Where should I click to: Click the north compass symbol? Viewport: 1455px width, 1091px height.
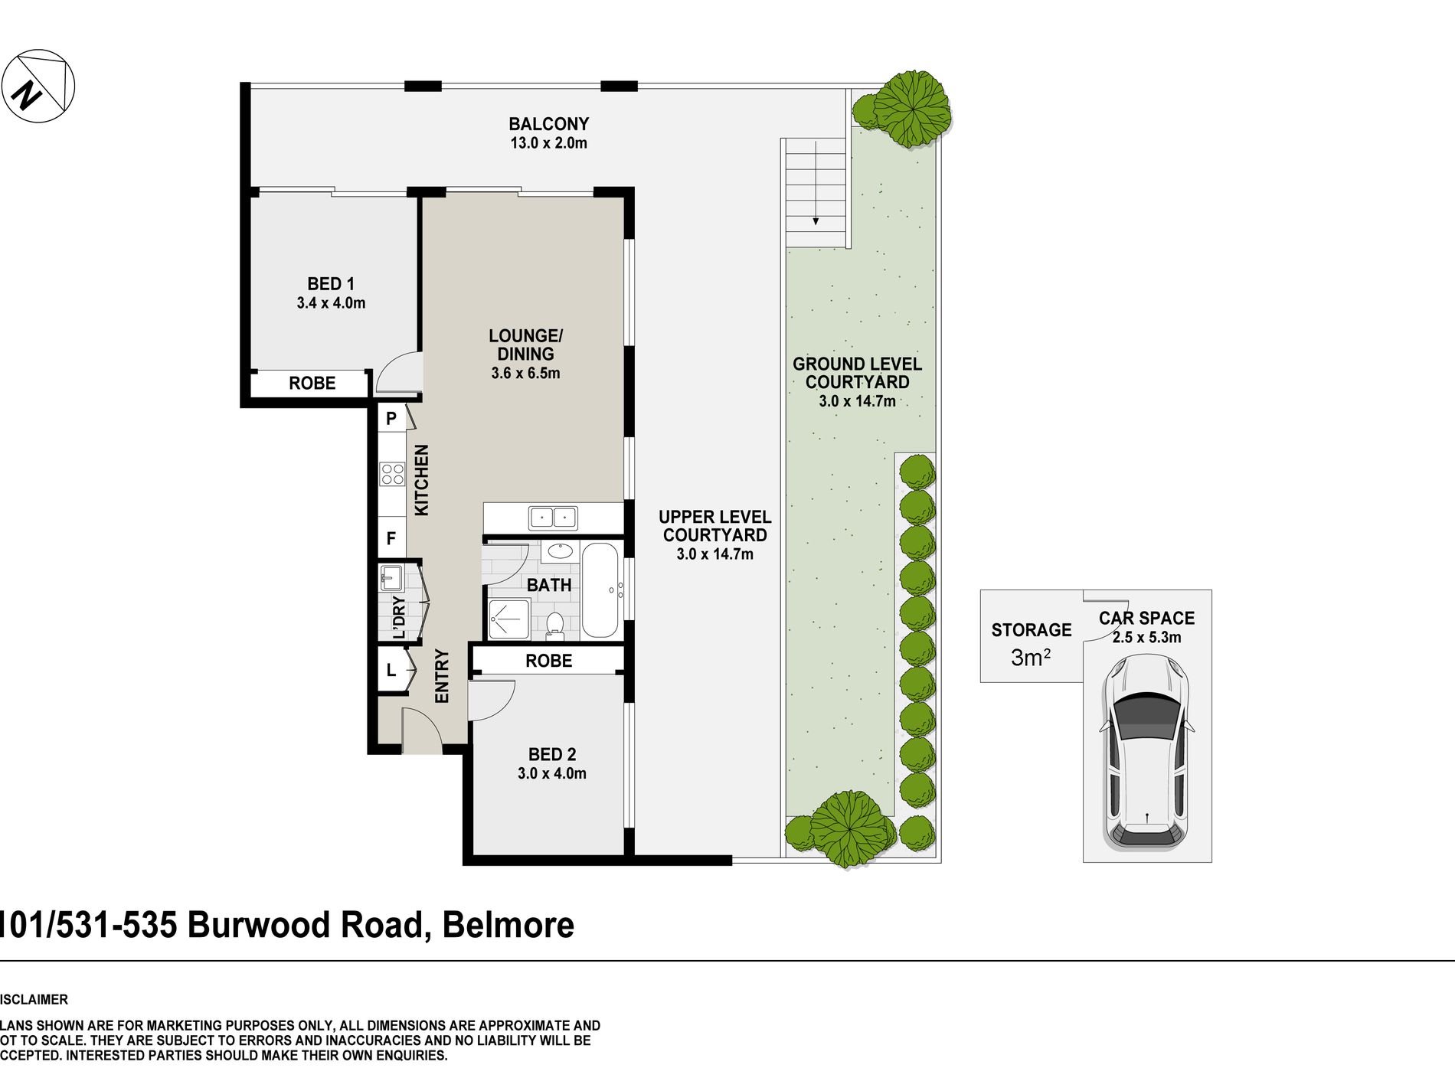pyautogui.click(x=38, y=85)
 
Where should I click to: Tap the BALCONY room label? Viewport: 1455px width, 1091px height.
pyautogui.click(x=548, y=124)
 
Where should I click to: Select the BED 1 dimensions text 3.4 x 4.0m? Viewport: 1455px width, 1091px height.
pyautogui.click(x=331, y=303)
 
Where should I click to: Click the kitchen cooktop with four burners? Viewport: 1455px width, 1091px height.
pyautogui.click(x=392, y=474)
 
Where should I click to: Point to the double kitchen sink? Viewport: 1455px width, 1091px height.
pyautogui.click(x=553, y=518)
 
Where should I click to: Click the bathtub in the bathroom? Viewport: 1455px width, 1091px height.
pyautogui.click(x=600, y=590)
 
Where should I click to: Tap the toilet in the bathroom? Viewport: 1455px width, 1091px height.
pyautogui.click(x=555, y=625)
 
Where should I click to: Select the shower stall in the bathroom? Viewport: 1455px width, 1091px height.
pyautogui.click(x=509, y=619)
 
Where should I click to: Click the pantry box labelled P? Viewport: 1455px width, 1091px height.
pyautogui.click(x=391, y=418)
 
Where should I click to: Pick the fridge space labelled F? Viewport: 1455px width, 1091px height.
pyautogui.click(x=391, y=538)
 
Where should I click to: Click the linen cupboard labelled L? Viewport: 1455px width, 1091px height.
pyautogui.click(x=391, y=671)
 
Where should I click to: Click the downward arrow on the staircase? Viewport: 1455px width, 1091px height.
pyautogui.click(x=816, y=218)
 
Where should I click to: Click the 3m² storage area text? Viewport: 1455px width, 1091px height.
pyautogui.click(x=1030, y=658)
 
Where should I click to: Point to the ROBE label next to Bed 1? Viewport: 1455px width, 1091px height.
pyautogui.click(x=312, y=383)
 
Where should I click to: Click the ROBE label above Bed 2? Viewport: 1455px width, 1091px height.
pyautogui.click(x=548, y=661)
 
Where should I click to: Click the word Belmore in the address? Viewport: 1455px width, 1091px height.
pyautogui.click(x=508, y=925)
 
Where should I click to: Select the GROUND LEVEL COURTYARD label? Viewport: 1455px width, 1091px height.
pyautogui.click(x=857, y=373)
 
